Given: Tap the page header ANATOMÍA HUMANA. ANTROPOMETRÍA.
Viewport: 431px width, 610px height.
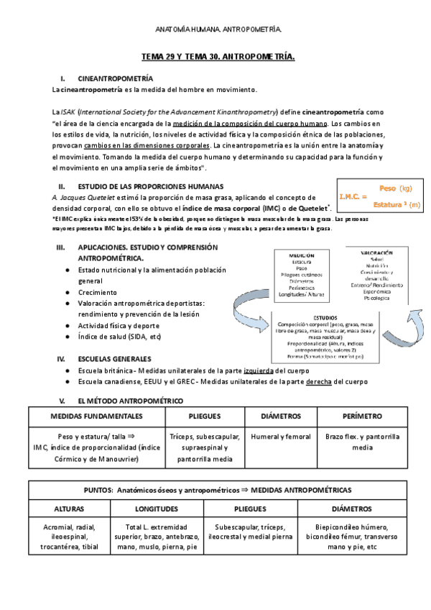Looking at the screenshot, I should tap(218, 29).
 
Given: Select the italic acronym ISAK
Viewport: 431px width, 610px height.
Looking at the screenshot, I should tap(68, 112).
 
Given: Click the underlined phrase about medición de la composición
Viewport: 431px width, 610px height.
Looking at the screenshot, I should tap(251, 123).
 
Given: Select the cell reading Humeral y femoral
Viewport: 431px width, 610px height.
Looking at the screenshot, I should tap(279, 436).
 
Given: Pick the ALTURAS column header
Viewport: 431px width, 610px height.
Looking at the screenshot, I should tap(64, 508).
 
